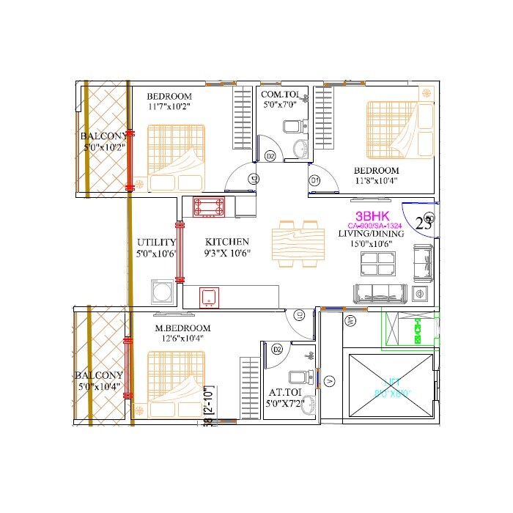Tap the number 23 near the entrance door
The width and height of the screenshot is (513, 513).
coord(424,224)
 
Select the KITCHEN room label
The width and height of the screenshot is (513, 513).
coord(226,242)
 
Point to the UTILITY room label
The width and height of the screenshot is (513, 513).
coord(156,242)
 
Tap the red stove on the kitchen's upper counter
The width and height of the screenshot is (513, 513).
coord(208,207)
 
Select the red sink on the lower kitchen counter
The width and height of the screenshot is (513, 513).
coord(208,297)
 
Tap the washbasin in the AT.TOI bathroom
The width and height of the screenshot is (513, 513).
coord(309,405)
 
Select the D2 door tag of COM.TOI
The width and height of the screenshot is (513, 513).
coord(270,156)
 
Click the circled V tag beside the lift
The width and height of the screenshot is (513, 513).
coord(330,381)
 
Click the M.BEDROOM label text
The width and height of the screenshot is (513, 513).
coord(182,328)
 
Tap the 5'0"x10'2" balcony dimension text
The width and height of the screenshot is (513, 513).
coord(103,147)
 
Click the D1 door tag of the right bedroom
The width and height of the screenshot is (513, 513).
coord(314,180)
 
